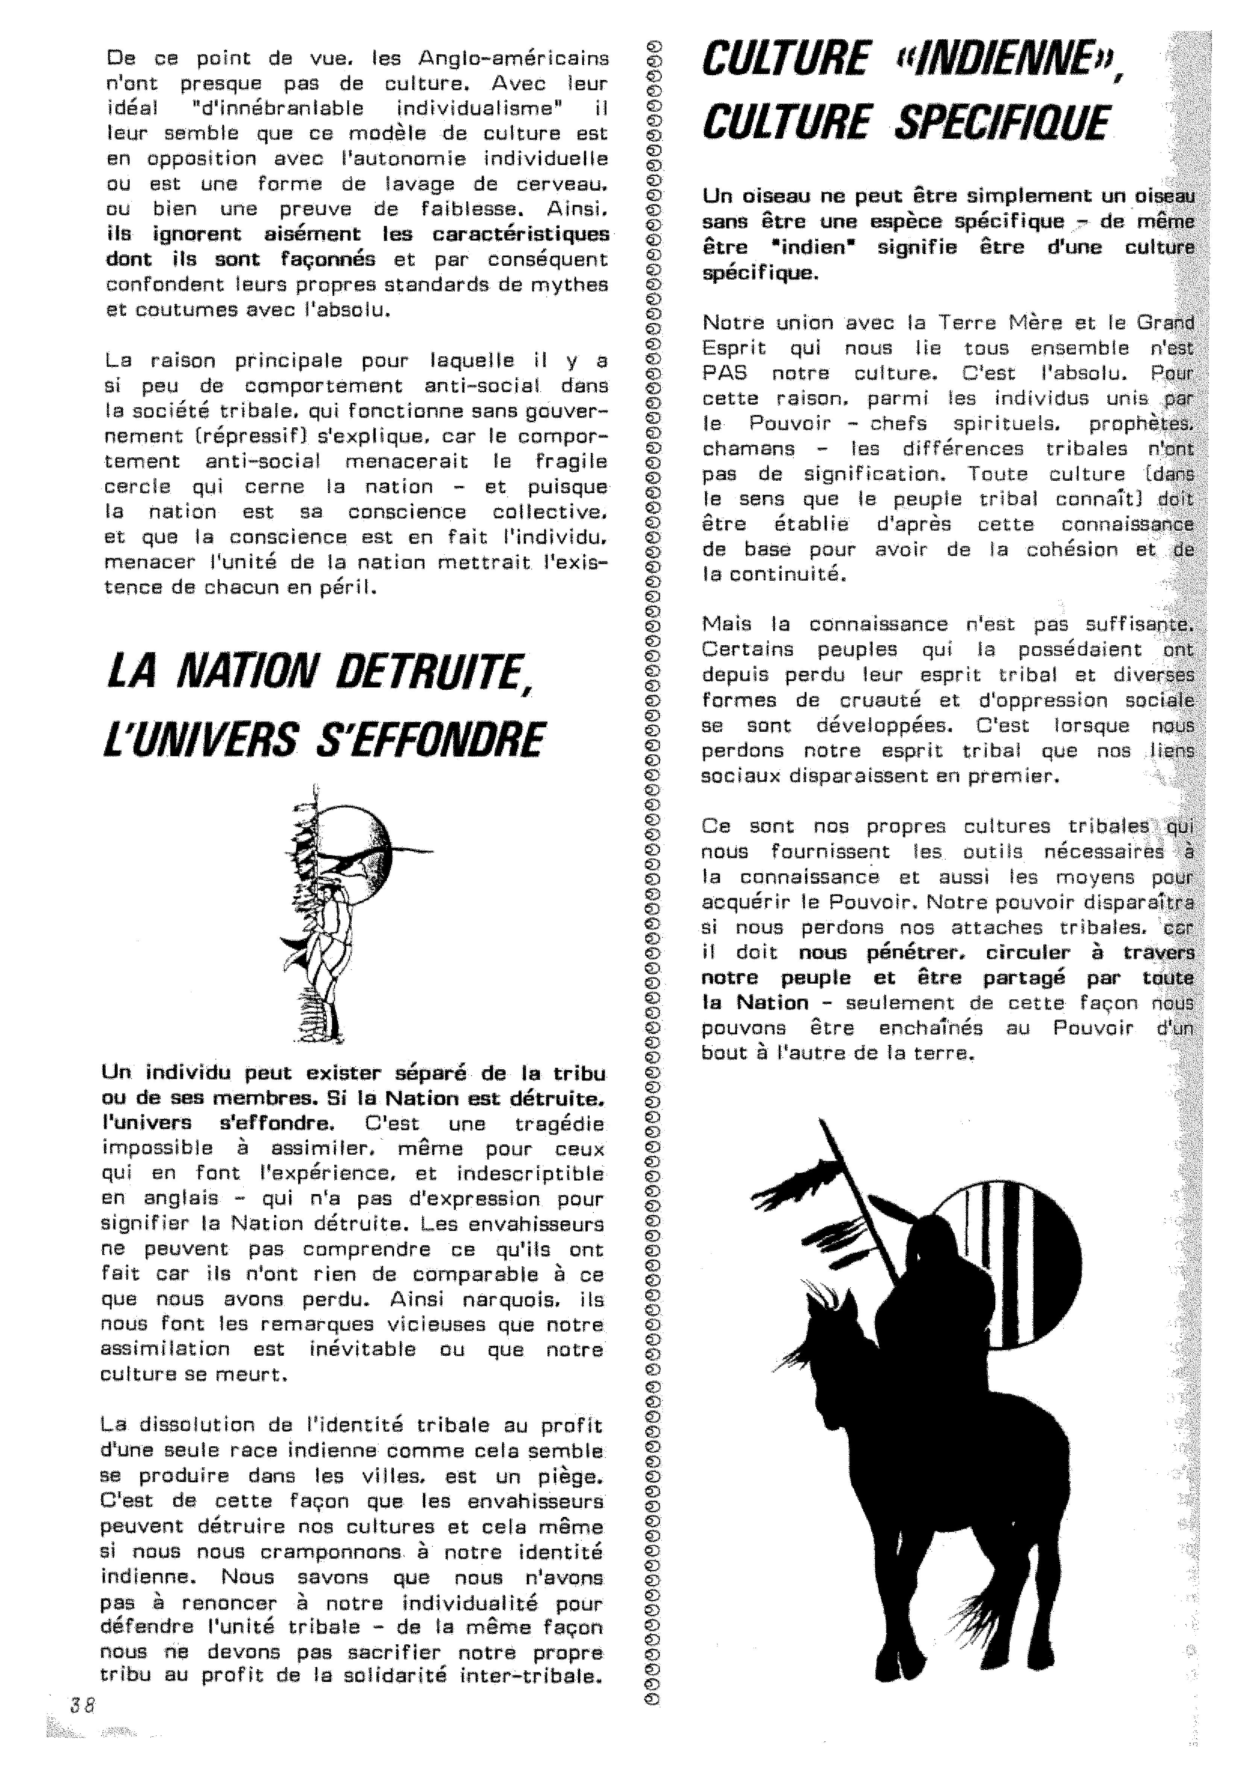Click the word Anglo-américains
(513, 58)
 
